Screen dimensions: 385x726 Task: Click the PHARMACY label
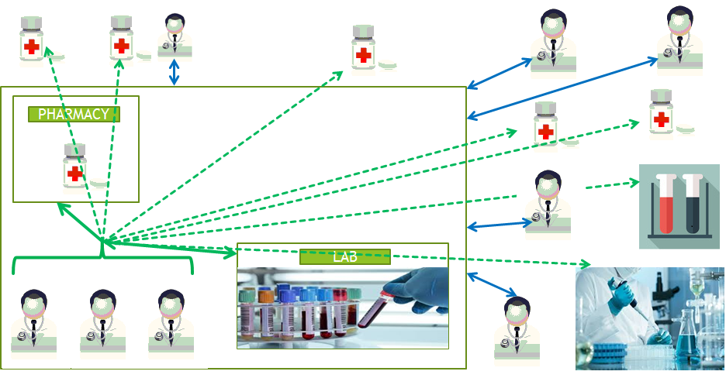coord(74,114)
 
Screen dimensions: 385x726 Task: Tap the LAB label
coord(344,256)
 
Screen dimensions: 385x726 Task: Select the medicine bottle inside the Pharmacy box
coord(74,167)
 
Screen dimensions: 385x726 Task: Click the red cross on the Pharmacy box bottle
coord(74,174)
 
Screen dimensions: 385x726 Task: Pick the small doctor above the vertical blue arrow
coord(175,34)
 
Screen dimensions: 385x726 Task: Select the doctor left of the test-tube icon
coord(548,201)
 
